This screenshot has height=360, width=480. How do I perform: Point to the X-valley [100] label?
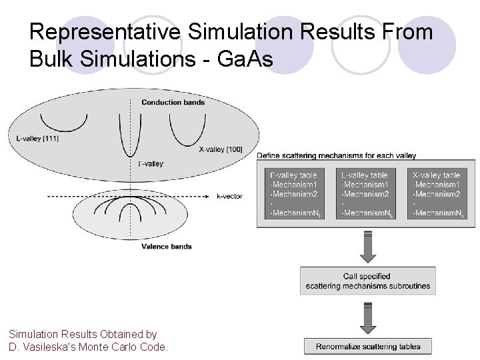tap(220, 149)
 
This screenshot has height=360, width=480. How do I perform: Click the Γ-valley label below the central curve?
tap(150, 163)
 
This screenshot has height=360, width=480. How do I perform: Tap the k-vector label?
tap(229, 197)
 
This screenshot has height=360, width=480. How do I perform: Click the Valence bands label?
tap(167, 246)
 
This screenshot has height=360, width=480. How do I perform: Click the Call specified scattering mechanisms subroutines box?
tap(367, 281)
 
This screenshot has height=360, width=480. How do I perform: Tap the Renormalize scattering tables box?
tap(367, 346)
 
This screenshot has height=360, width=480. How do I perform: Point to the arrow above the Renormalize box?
tap(367, 318)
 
